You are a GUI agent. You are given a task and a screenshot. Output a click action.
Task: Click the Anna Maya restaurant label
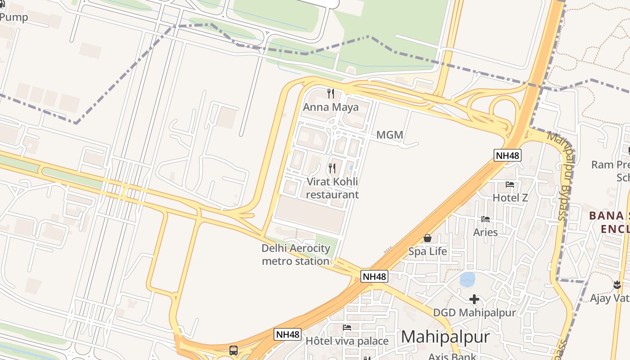pos(331,107)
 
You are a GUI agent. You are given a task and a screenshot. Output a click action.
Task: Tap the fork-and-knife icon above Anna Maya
pos(331,94)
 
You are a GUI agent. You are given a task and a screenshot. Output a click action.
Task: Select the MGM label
pos(390,135)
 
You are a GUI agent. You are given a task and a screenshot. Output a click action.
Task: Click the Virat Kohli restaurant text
pos(333,188)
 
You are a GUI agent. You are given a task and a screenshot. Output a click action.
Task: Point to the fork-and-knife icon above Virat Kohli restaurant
pos(332,168)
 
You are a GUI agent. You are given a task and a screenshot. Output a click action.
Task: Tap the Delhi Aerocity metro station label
pos(296,255)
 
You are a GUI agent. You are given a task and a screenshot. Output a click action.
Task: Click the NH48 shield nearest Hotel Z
pos(508,156)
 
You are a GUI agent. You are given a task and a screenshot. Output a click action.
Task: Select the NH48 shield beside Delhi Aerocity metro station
pos(374,276)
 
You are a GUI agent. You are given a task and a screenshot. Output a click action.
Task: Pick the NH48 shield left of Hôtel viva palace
pos(288,334)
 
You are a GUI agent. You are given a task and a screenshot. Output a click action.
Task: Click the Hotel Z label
pos(510,198)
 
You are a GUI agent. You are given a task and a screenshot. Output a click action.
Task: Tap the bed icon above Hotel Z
pos(510,184)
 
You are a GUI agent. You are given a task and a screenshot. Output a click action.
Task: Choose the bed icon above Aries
pos(486,219)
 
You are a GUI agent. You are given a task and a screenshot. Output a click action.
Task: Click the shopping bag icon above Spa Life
pos(427,238)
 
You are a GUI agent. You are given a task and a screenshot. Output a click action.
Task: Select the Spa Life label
pos(427,251)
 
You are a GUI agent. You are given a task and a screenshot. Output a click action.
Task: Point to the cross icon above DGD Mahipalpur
pos(474,299)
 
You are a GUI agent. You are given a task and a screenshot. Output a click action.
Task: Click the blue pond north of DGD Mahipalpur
pos(468,279)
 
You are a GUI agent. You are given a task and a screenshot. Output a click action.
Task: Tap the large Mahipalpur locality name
pos(445,337)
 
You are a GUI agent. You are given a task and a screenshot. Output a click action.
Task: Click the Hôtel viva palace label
pos(347,341)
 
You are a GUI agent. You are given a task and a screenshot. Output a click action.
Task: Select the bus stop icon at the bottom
pos(234,350)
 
